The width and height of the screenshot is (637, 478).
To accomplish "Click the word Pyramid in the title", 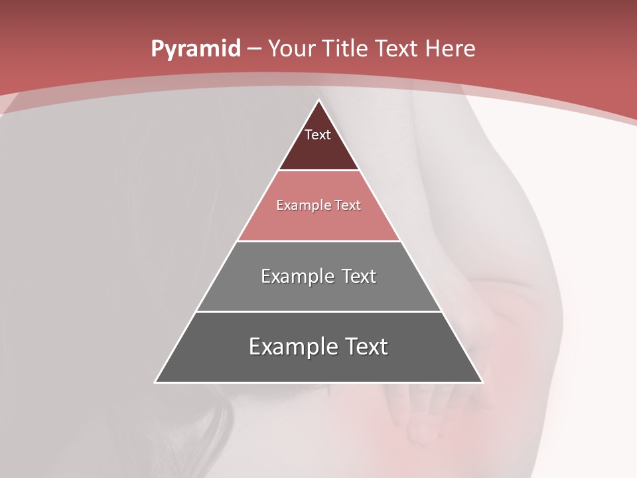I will (195, 49).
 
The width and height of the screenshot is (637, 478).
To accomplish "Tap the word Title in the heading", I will (346, 49).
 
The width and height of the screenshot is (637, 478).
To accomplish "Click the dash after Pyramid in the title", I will (254, 49).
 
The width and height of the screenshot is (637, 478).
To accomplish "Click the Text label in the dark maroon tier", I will (318, 135).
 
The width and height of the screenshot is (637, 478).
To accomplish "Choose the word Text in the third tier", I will (359, 276).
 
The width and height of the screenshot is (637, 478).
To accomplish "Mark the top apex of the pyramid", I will (319, 100).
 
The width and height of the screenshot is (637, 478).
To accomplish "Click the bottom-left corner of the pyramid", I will (156, 382).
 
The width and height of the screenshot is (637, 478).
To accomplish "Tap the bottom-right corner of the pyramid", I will (482, 382).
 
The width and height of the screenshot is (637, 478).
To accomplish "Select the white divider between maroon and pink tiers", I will (319, 171).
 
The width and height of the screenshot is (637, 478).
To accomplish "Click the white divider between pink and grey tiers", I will (319, 241).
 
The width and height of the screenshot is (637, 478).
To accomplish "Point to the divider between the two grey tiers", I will (319, 311).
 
